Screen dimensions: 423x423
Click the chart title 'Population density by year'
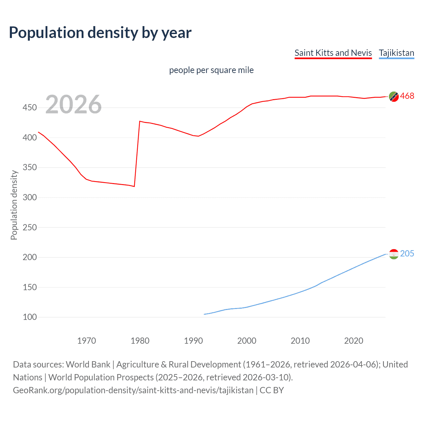coord(100,32)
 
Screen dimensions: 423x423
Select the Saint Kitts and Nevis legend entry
coord(333,53)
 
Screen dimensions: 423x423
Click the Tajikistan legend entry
coord(396,53)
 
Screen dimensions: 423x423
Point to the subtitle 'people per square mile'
coord(211,70)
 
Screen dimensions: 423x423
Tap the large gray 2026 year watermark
coord(73,104)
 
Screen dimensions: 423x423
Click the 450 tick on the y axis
coord(29,108)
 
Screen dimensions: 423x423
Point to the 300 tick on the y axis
coord(29,198)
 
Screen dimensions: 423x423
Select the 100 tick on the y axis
coord(29,317)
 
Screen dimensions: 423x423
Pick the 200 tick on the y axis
coord(29,257)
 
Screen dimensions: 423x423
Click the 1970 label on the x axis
coord(87,341)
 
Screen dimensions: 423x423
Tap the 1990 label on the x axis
coord(193,341)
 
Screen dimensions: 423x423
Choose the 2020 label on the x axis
coord(354,341)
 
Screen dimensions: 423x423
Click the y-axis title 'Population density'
coord(14,205)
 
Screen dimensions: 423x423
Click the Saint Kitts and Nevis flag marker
coord(394,96)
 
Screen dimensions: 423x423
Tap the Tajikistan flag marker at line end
coord(394,254)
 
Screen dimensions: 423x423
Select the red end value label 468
coord(407,96)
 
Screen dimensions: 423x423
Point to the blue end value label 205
coord(407,253)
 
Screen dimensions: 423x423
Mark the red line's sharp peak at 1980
coord(140,121)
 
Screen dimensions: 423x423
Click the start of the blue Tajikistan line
coord(204,314)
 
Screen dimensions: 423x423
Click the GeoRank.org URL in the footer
coord(133,390)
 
